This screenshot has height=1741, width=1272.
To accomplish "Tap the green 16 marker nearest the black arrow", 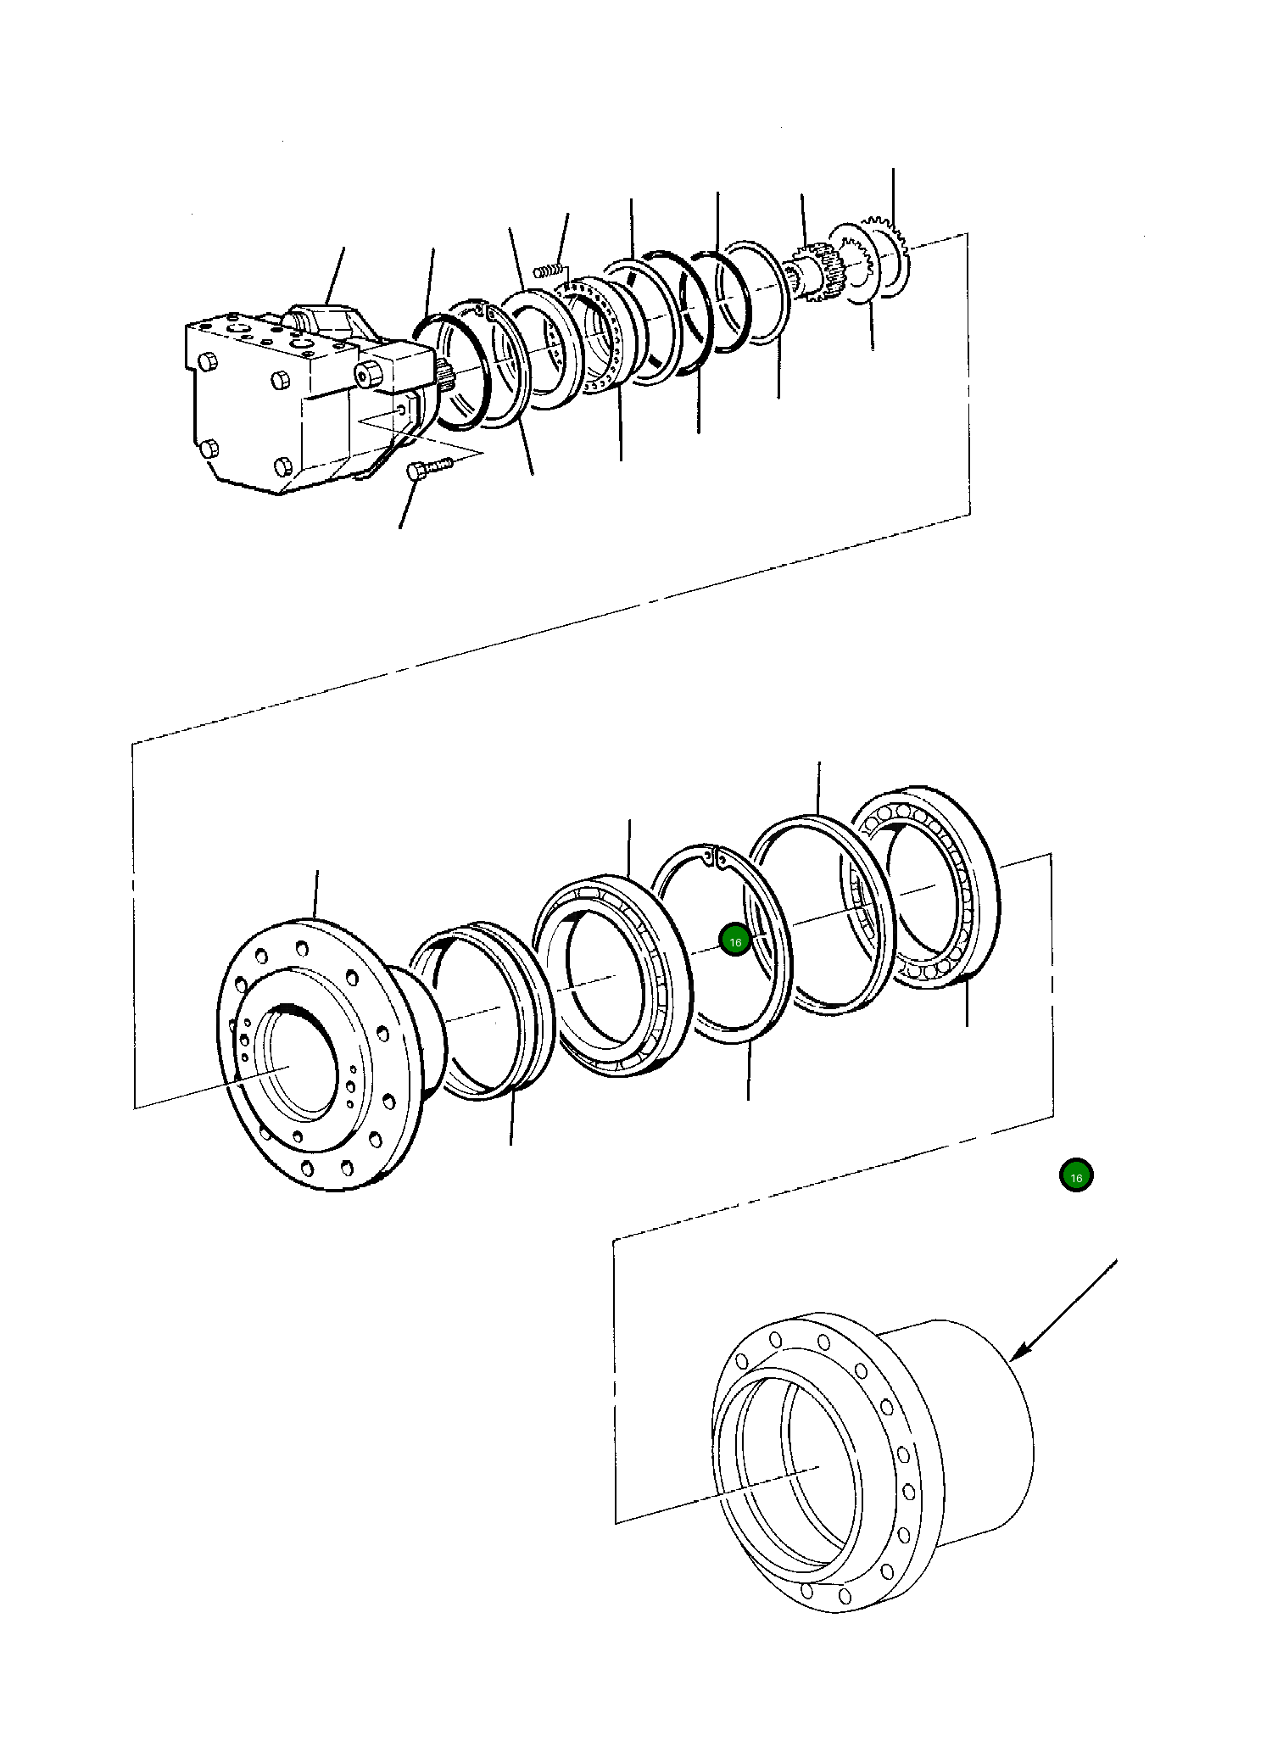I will pos(1076,1177).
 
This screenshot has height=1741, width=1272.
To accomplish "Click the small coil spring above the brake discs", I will pos(549,271).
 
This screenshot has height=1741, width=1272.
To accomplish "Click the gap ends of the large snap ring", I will pos(712,857).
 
